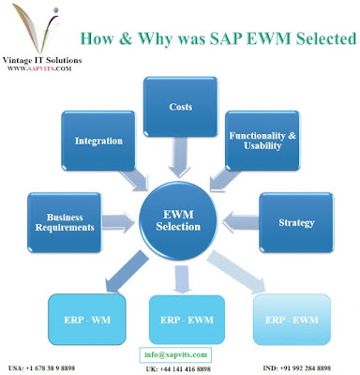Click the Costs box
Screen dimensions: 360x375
tap(180, 107)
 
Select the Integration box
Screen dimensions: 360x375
tap(98, 141)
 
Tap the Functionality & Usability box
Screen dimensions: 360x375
tap(262, 141)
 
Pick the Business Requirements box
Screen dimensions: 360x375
tap(65, 222)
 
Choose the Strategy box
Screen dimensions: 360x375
tap(296, 222)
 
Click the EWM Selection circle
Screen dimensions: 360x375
tap(178, 220)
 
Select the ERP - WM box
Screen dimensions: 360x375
tap(87, 320)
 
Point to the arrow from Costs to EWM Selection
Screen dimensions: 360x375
tap(179, 157)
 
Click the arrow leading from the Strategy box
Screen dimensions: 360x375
tap(241, 222)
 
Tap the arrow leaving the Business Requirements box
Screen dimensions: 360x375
tap(118, 222)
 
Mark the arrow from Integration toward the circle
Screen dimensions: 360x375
tap(133, 180)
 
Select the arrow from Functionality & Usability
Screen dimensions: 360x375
tap(224, 179)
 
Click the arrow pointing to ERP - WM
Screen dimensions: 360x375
tap(127, 272)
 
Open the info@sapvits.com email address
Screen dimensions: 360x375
tap(175, 354)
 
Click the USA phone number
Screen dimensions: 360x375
tap(41, 368)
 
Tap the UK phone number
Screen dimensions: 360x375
tap(178, 369)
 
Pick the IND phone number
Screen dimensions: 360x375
tap(296, 368)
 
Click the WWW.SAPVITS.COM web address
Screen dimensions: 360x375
tap(39, 68)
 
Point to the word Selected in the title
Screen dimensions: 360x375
tap(326, 38)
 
